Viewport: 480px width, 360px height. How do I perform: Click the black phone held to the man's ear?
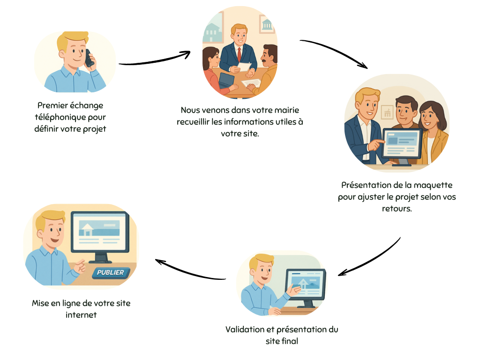pyautogui.click(x=89, y=58)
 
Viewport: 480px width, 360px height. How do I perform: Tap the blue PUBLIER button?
pyautogui.click(x=111, y=272)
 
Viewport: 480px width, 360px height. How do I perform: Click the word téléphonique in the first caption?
pyautogui.click(x=57, y=117)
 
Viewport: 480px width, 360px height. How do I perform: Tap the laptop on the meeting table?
pyautogui.click(x=226, y=80)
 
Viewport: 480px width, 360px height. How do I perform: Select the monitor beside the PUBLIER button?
pyautogui.click(x=99, y=232)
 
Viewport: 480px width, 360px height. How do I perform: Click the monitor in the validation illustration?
pyautogui.click(x=306, y=285)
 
